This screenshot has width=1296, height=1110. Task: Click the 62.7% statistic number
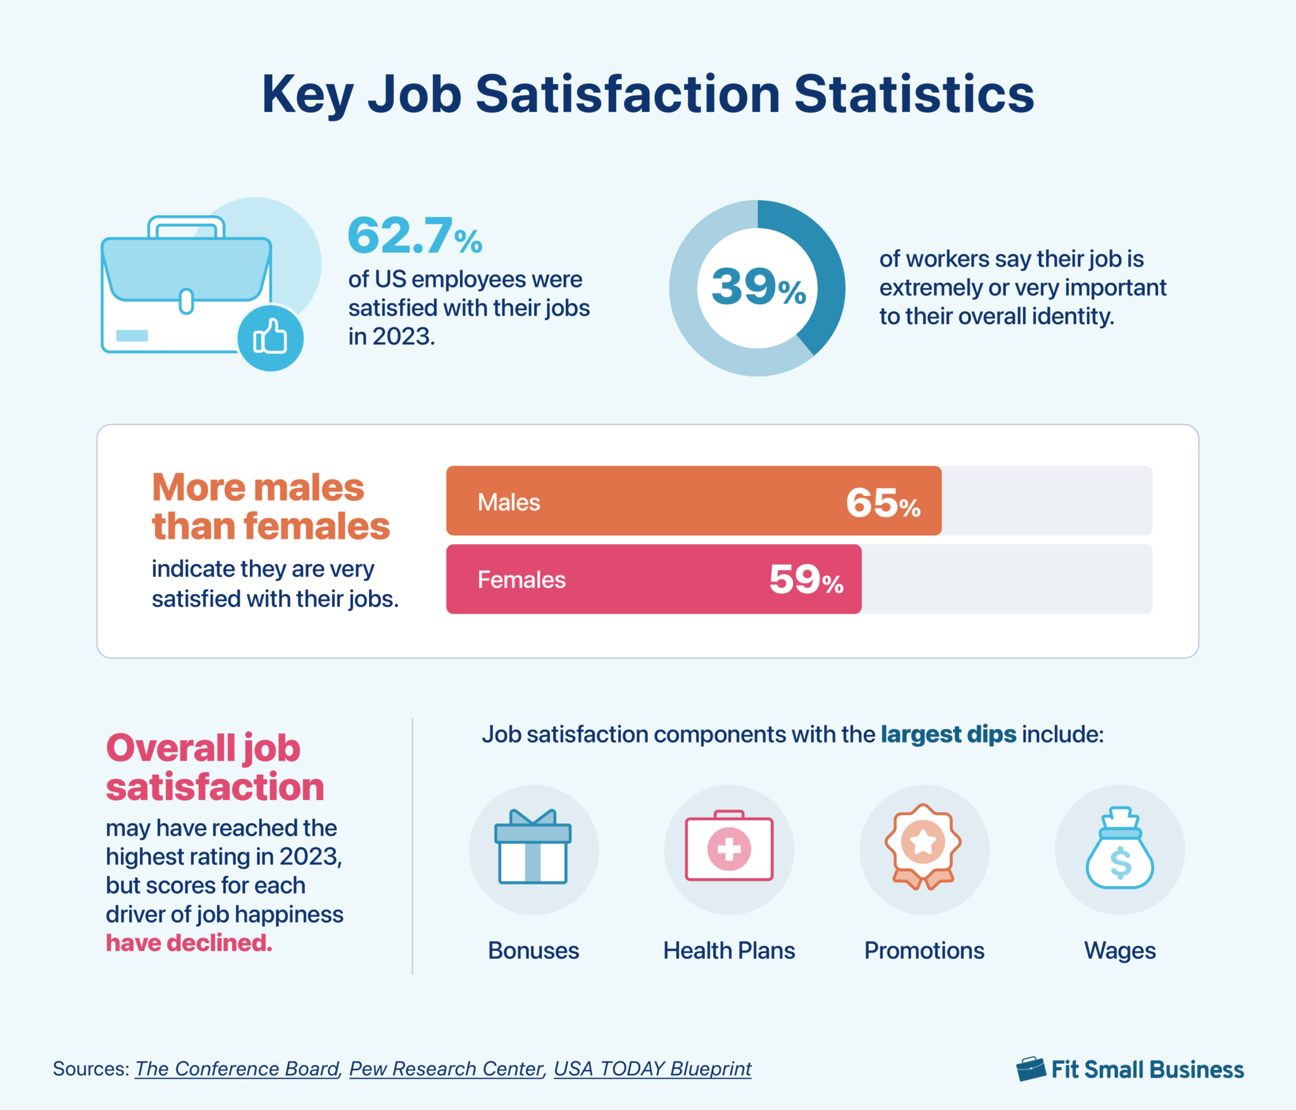click(414, 235)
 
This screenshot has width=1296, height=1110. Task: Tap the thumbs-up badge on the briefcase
click(270, 339)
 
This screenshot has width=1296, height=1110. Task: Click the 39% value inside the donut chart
click(758, 287)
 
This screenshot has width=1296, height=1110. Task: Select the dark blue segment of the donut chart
click(819, 266)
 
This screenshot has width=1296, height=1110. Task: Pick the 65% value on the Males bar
click(883, 504)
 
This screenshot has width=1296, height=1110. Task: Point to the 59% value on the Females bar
click(806, 580)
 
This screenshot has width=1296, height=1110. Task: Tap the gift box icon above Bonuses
click(533, 848)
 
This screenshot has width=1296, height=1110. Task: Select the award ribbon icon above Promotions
click(923, 847)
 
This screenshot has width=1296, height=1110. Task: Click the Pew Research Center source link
click(446, 1069)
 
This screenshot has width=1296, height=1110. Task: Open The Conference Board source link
click(237, 1069)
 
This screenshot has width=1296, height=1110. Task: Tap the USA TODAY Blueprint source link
click(652, 1069)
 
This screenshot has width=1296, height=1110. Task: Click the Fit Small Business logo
click(1130, 1069)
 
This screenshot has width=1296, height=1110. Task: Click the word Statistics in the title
click(914, 95)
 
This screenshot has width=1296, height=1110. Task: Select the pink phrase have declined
click(189, 943)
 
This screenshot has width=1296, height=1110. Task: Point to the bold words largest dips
click(948, 734)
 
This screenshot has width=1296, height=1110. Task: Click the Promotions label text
click(924, 951)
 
